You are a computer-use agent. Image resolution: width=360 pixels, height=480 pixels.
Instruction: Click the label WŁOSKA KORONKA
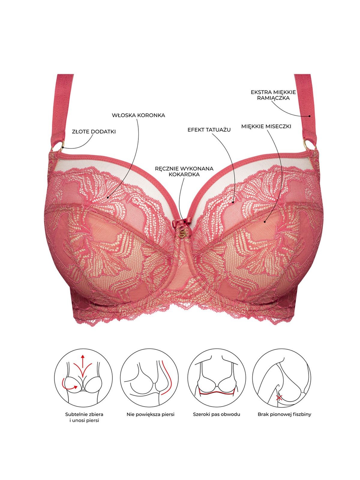(x=138, y=115)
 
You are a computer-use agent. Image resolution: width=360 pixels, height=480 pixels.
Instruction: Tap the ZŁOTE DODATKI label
(x=94, y=132)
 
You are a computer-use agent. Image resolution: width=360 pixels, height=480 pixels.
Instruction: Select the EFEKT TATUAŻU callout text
(x=209, y=130)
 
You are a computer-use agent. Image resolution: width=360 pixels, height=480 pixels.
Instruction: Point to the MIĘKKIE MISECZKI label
(x=266, y=126)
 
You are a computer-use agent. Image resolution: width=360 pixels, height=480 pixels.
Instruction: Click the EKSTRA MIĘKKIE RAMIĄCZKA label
(x=273, y=95)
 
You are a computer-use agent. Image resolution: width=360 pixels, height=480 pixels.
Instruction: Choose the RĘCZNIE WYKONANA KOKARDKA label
(x=184, y=171)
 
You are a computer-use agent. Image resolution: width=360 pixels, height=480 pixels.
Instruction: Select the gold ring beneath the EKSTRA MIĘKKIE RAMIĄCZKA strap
(x=309, y=145)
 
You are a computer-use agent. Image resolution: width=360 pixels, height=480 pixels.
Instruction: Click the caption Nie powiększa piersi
(x=150, y=414)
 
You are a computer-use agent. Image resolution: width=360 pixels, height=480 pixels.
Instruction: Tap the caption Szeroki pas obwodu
(x=216, y=414)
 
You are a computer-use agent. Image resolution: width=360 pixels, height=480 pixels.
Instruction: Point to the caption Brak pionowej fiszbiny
(x=284, y=414)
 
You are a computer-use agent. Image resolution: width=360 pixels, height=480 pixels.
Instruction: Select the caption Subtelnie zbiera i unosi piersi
(x=84, y=417)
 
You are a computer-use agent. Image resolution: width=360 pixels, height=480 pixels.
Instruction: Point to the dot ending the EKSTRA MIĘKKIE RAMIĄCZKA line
(x=310, y=116)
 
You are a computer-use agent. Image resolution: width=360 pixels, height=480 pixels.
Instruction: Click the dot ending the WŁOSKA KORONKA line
(x=108, y=197)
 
